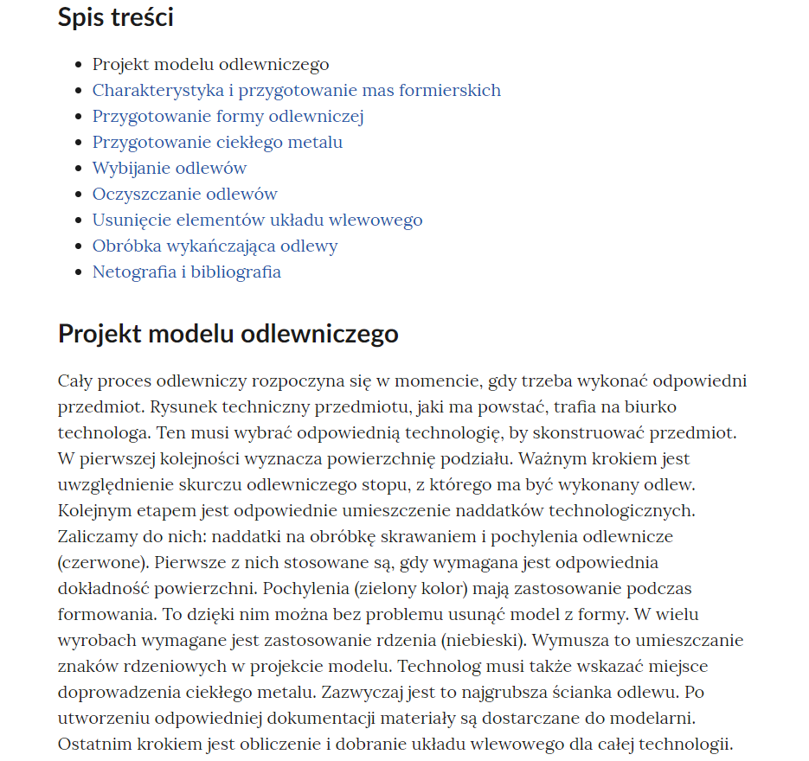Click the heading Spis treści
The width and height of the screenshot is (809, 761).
(x=116, y=17)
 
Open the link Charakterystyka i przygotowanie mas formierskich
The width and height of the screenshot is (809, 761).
(x=296, y=91)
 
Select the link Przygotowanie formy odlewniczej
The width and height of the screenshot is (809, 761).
(x=228, y=117)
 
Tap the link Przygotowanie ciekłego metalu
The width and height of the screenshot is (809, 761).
(x=217, y=143)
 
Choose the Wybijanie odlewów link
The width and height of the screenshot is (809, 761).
(x=170, y=169)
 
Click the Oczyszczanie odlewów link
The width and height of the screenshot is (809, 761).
(x=184, y=195)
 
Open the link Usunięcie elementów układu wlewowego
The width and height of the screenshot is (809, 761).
(x=257, y=221)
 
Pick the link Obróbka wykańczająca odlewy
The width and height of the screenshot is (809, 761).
(x=215, y=246)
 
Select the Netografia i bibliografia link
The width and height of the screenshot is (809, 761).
(x=186, y=272)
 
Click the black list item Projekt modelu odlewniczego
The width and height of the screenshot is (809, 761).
(x=210, y=65)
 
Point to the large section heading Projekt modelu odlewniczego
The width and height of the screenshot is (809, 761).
(x=228, y=334)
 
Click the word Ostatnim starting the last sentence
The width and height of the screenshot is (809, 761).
(x=91, y=745)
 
